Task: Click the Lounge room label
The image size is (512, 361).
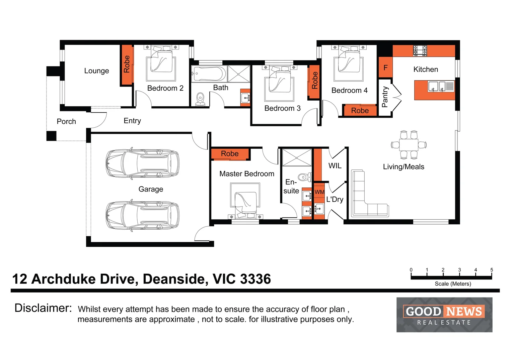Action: pyautogui.click(x=96, y=71)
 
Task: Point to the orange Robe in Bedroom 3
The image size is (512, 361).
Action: pyautogui.click(x=314, y=81)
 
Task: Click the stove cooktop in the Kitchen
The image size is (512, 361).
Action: pyautogui.click(x=420, y=50)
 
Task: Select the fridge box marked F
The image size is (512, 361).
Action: pyautogui.click(x=385, y=68)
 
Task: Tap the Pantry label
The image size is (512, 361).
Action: pyautogui.click(x=385, y=97)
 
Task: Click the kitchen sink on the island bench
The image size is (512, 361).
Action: pyautogui.click(x=437, y=87)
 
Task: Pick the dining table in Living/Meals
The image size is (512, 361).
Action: pyautogui.click(x=409, y=145)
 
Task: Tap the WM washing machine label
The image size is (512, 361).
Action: pyautogui.click(x=319, y=192)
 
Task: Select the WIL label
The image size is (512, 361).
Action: pyautogui.click(x=335, y=166)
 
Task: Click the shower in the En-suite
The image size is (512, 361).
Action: pyautogui.click(x=297, y=157)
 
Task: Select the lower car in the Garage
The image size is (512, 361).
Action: pyautogui.click(x=142, y=216)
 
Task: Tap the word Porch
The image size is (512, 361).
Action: pyautogui.click(x=66, y=122)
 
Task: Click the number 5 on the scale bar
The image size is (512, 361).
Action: pyautogui.click(x=492, y=270)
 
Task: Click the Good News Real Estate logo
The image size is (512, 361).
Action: pyautogui.click(x=444, y=315)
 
